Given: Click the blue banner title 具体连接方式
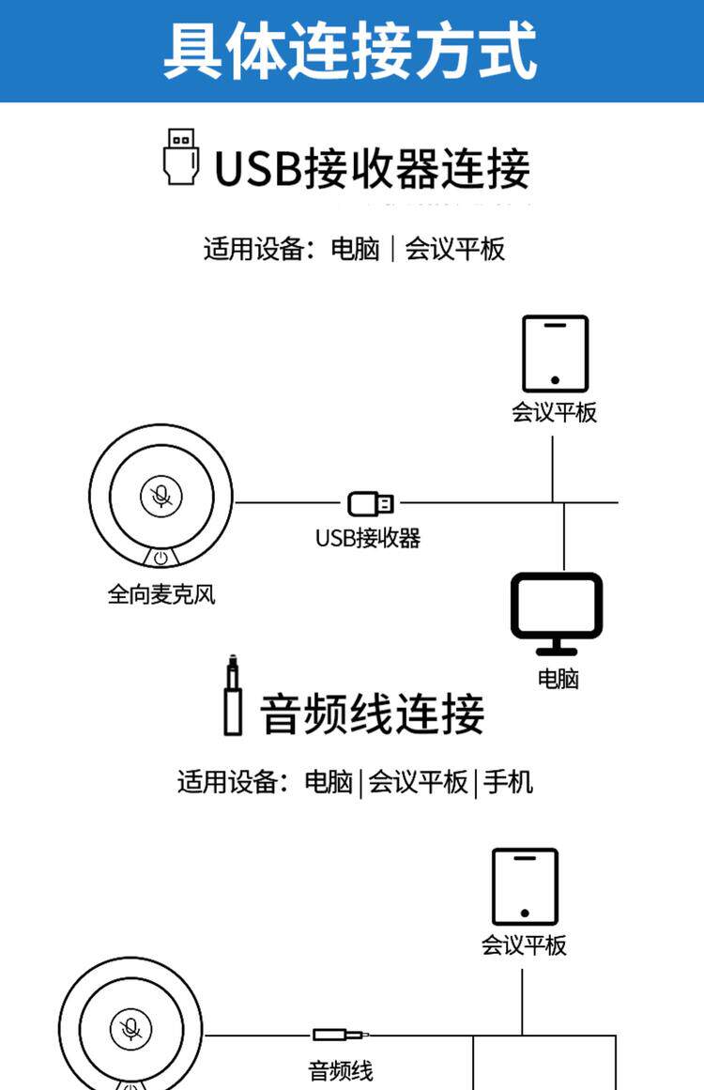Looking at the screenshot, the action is coord(350,50).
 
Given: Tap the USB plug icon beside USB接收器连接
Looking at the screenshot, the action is coord(181,157).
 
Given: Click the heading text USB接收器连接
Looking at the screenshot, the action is coord(372,168).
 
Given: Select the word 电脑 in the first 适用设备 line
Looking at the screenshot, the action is coord(355,249).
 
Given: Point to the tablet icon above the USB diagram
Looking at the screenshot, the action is coord(556,354).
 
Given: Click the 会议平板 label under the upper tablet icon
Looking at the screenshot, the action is coord(555,412).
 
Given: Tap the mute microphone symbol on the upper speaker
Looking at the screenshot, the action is coord(161,497).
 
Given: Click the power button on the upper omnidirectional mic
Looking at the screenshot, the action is coord(161,558).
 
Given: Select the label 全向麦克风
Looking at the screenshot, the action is coord(161,594).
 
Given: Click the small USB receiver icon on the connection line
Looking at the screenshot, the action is coord(371,503).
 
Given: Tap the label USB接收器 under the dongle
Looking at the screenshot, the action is coord(368,538).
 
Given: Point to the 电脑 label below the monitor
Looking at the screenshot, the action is coord(559,679).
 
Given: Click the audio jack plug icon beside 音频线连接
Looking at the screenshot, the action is coord(233,695).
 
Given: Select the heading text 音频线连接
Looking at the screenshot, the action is coord(372,714).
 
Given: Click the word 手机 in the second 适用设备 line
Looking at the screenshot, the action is coord(508,782).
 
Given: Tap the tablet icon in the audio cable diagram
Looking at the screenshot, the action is coord(525,887).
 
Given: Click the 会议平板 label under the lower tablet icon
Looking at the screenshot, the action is coord(524,945).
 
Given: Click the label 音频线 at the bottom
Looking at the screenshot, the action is coord(341,1070).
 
